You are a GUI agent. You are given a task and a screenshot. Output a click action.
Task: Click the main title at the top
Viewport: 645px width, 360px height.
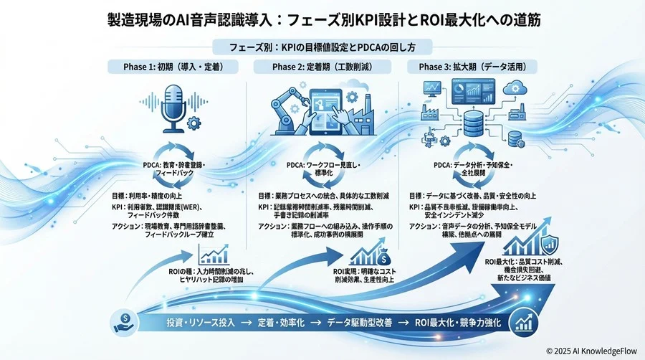(x=322, y=19)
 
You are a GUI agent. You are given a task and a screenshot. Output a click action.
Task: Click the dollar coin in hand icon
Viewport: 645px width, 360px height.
(x=125, y=321)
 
